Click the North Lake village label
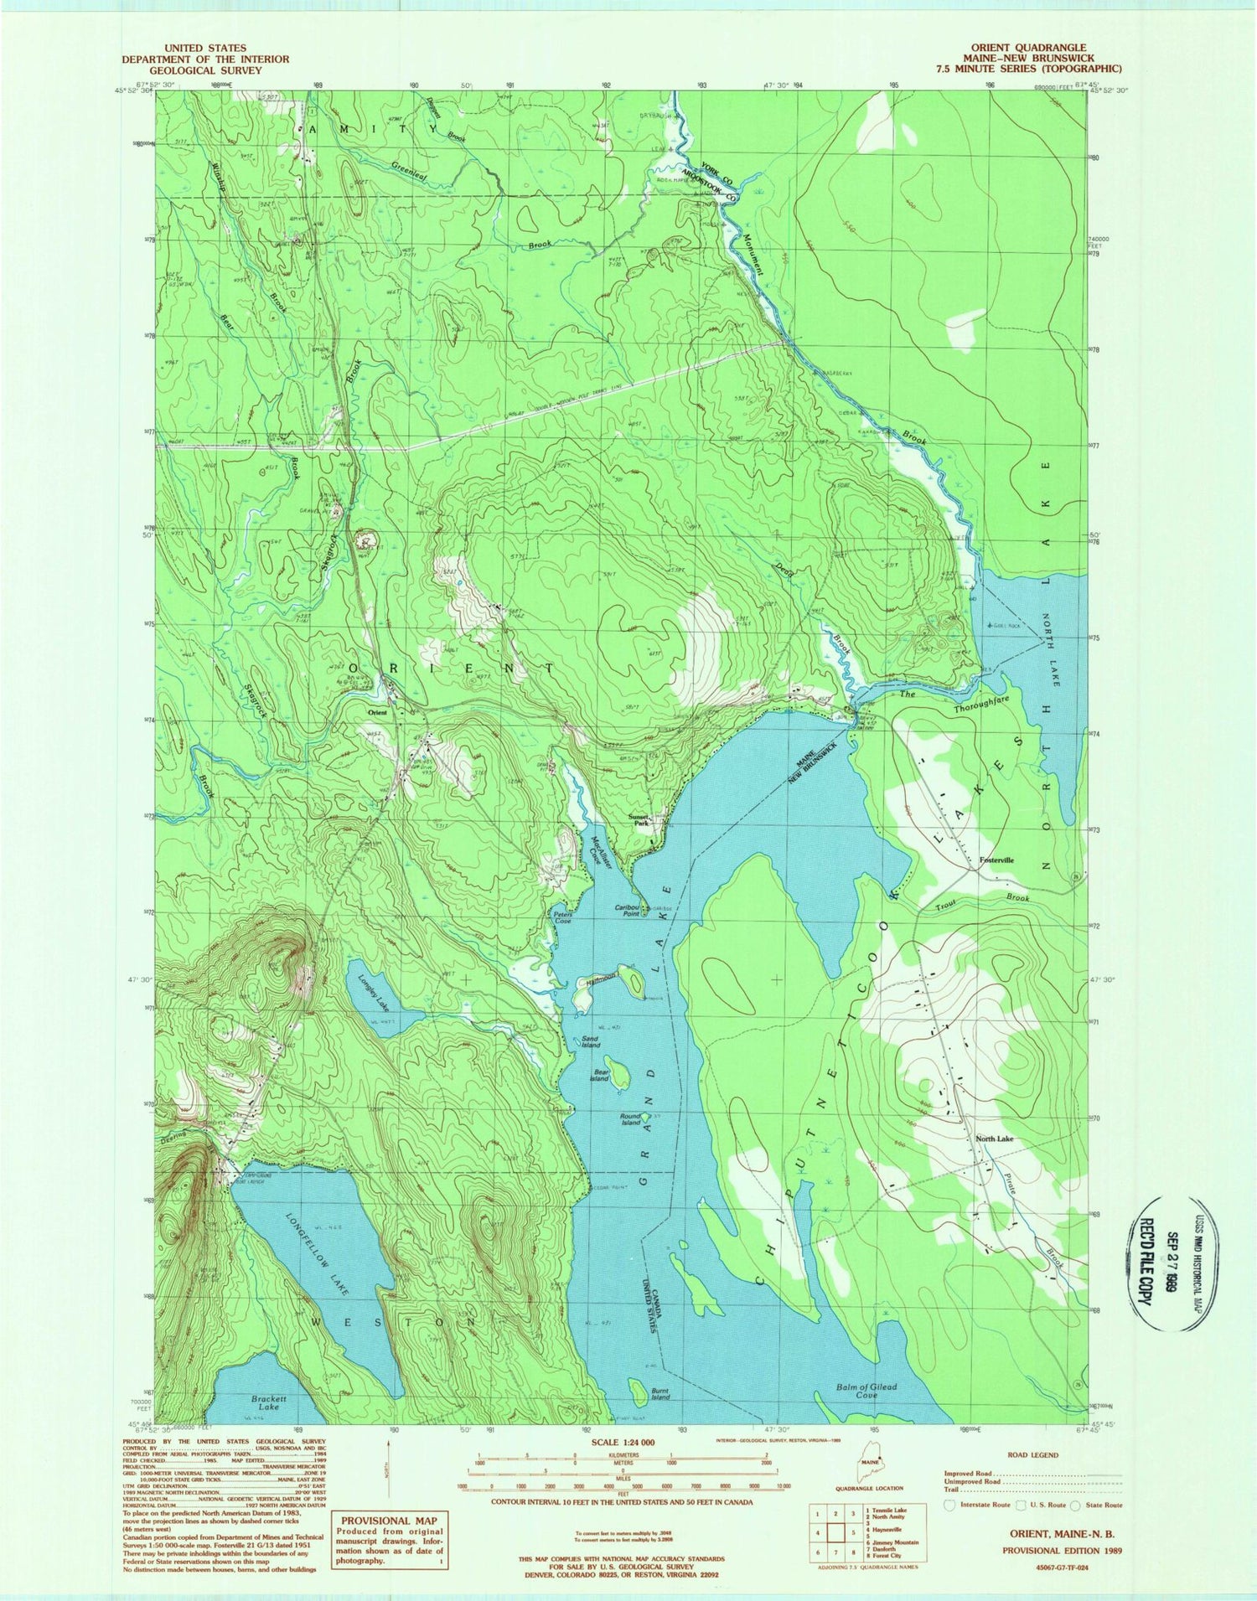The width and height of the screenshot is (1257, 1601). pos(994,1139)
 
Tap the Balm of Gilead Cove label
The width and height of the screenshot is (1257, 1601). pos(866,1391)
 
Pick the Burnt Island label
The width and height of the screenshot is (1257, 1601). pos(665,1395)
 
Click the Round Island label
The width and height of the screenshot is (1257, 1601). pos(628,1118)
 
